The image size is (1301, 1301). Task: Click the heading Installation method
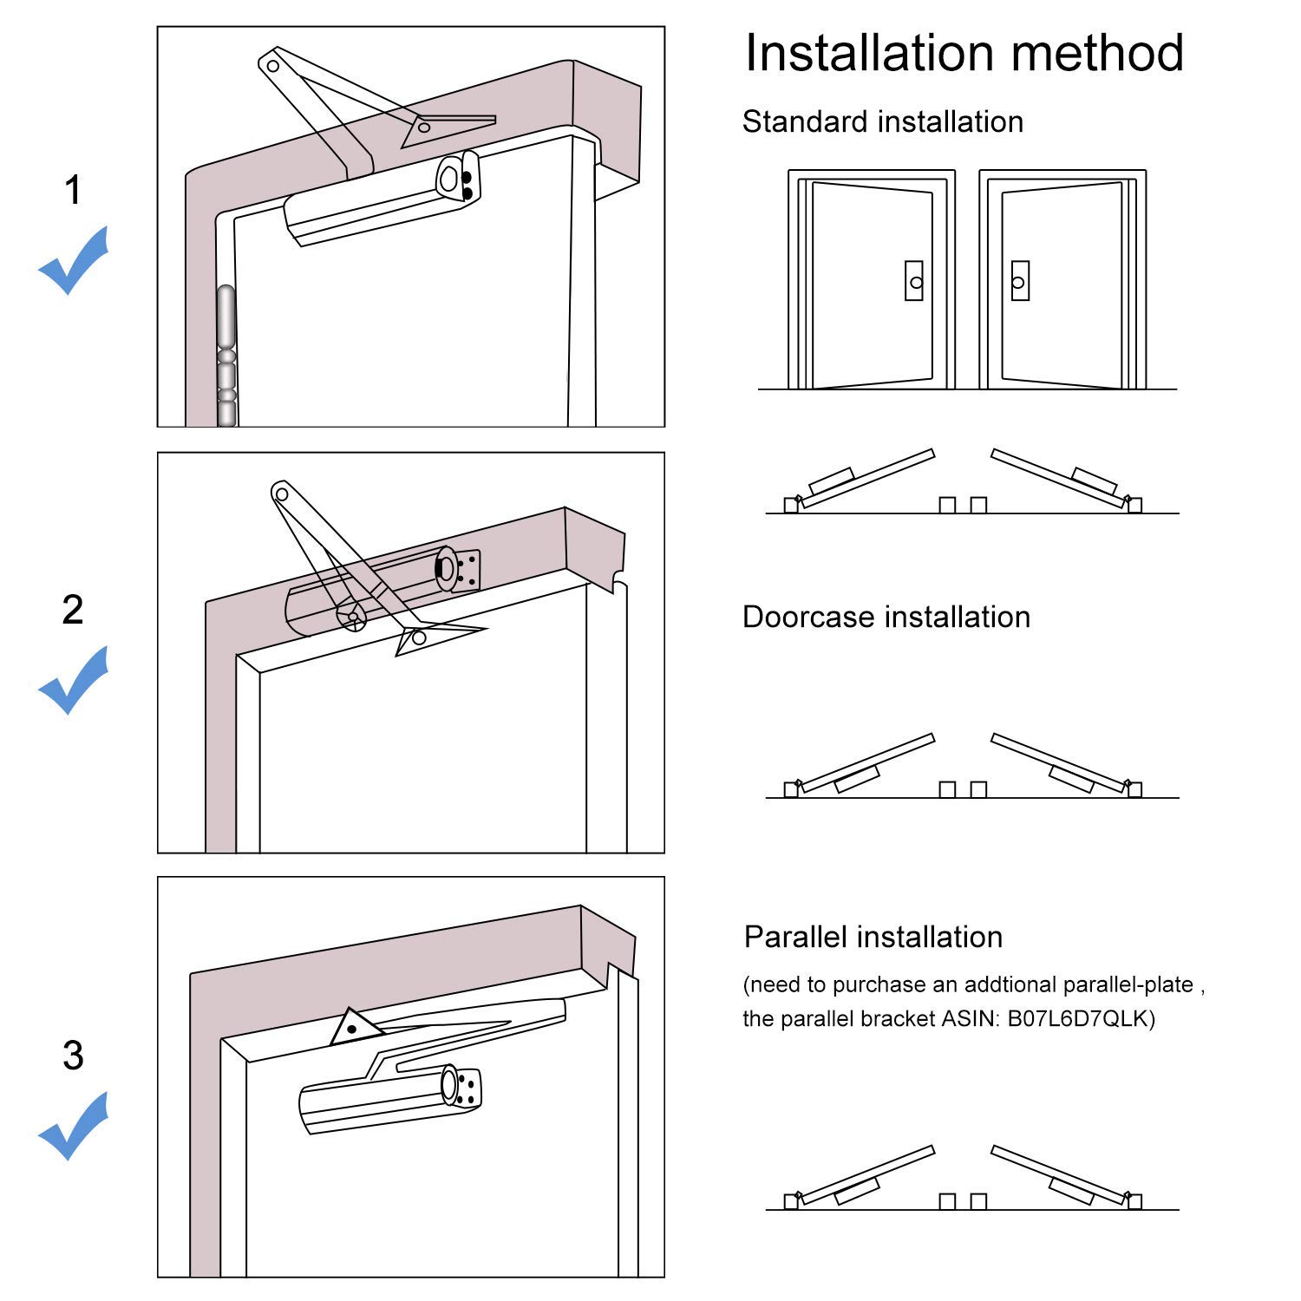coord(964,53)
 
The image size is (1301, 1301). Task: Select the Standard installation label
coord(883,121)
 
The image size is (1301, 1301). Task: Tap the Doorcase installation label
coord(886,617)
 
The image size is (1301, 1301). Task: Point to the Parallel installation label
coord(873,937)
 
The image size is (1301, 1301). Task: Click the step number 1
coord(73,190)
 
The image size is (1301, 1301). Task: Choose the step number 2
coord(73,610)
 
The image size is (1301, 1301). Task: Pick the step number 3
coord(73,1055)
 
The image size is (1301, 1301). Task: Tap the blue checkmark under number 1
coord(74,259)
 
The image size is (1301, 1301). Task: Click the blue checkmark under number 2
coord(74,679)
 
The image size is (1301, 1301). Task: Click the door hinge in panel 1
coord(226,356)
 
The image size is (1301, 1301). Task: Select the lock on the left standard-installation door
coord(914,281)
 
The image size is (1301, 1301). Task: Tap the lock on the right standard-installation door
coord(1020,281)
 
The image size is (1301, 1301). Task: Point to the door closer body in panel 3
coord(390,1100)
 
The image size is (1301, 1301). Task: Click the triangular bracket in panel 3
coord(357,1027)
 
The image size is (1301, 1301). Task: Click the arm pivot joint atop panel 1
coord(272,65)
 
